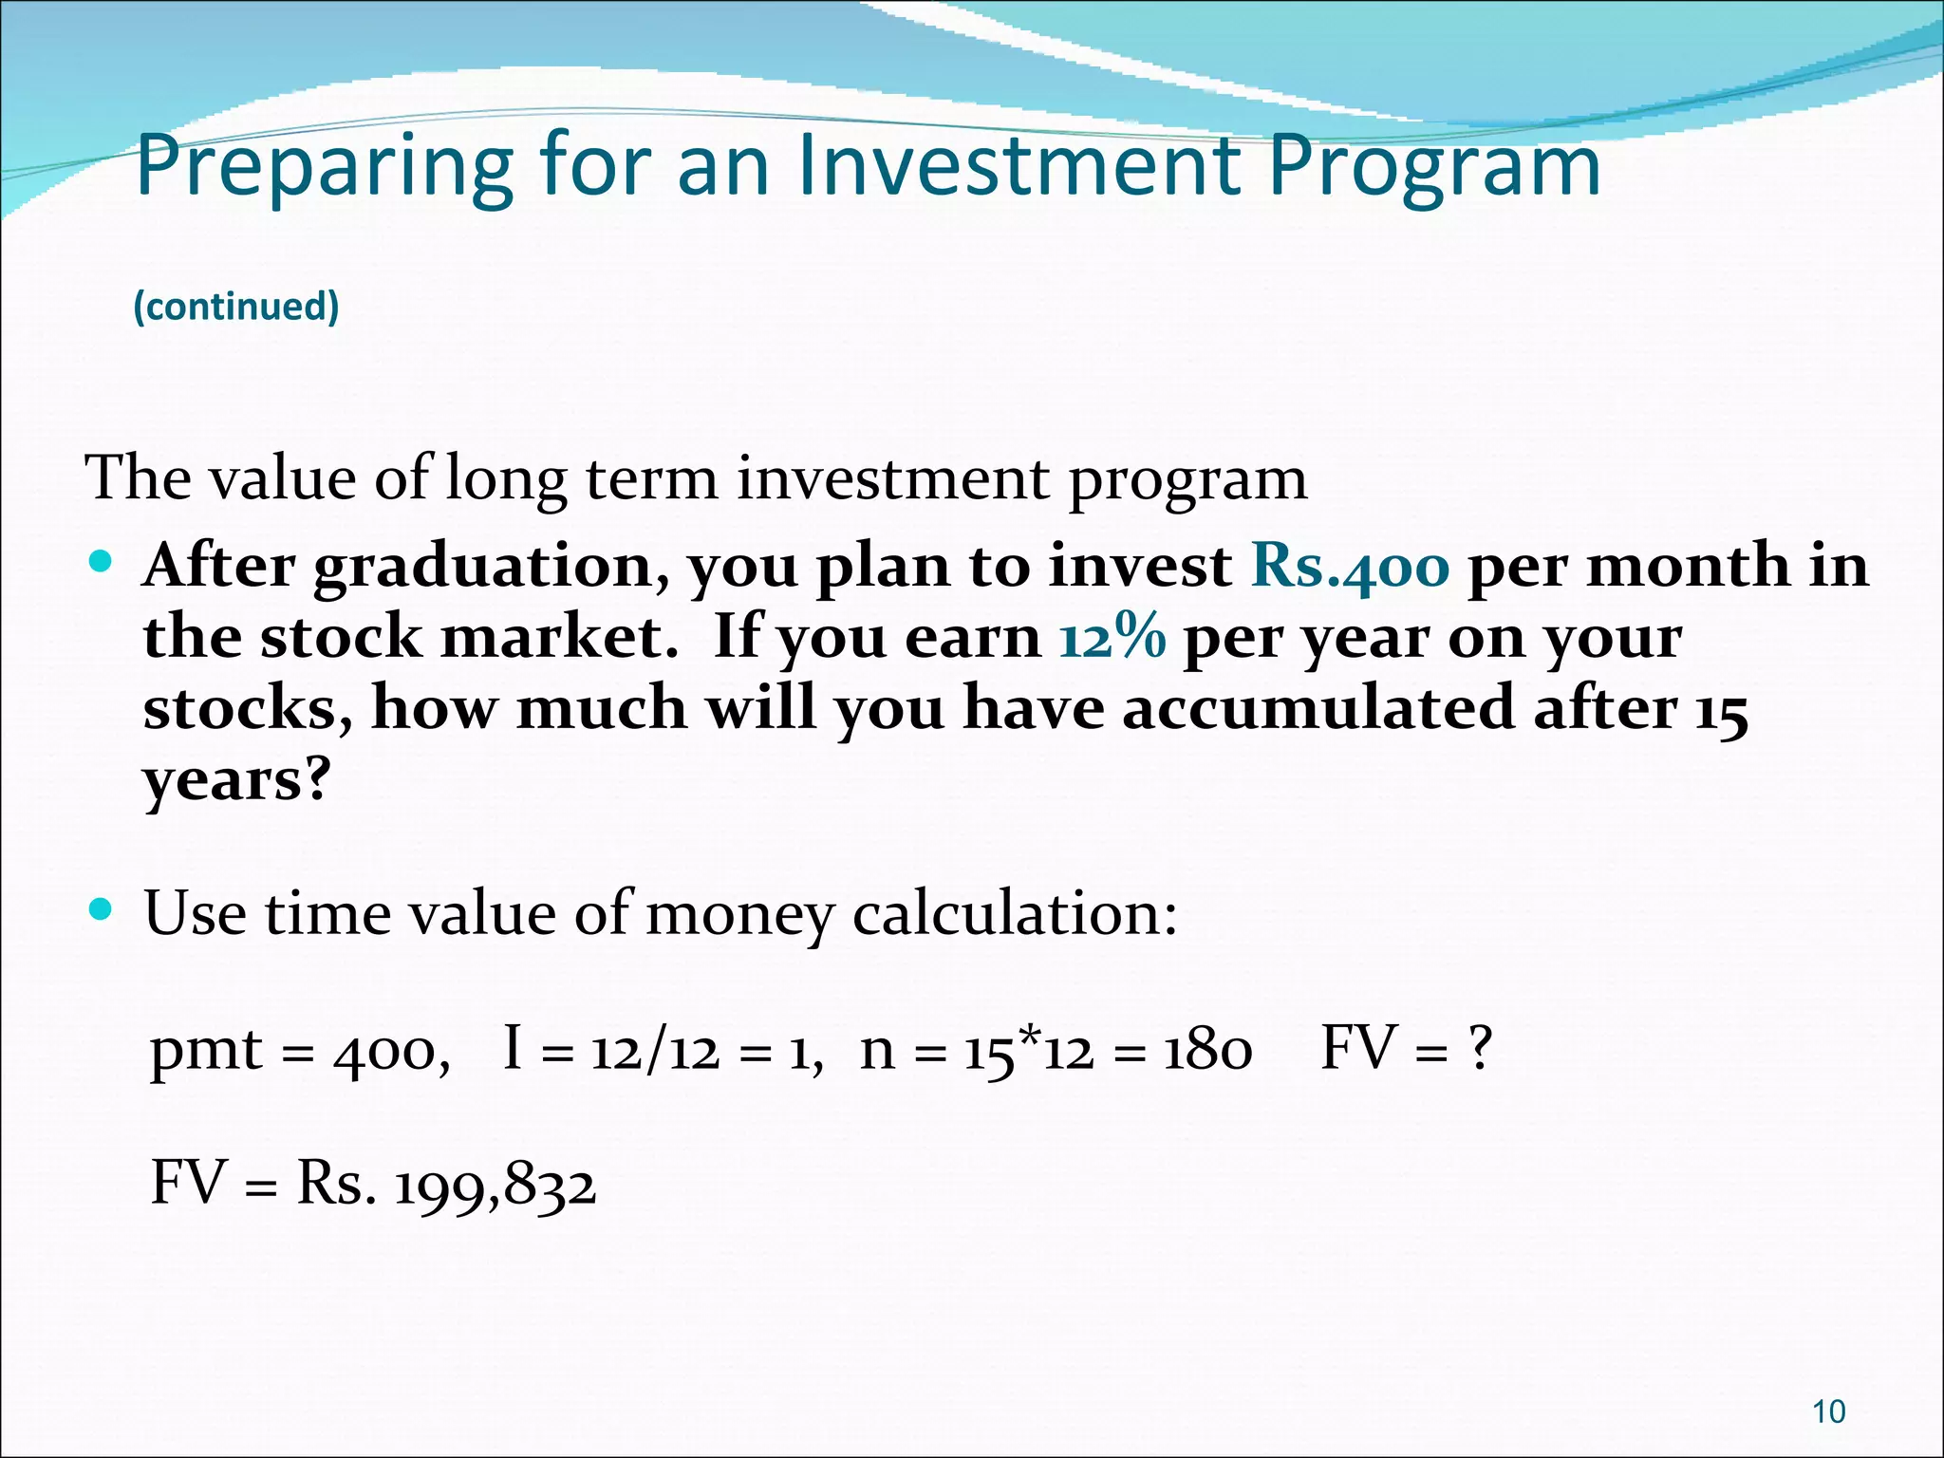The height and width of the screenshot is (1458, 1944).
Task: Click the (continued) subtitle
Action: point(236,307)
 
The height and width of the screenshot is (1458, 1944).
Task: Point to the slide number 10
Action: point(1828,1411)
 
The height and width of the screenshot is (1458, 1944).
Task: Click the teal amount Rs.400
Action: point(1350,567)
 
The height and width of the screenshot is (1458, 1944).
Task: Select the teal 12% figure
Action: point(1112,637)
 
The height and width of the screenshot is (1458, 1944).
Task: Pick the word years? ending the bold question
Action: point(236,780)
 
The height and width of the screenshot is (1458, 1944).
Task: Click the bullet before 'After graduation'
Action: point(100,562)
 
